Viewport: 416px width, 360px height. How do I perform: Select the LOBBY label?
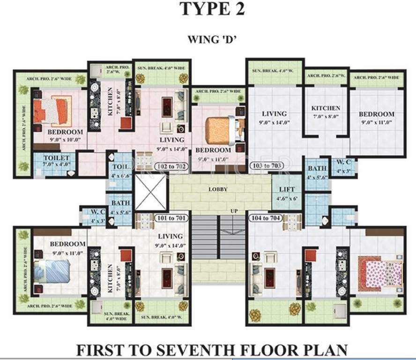[x=219, y=189]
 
